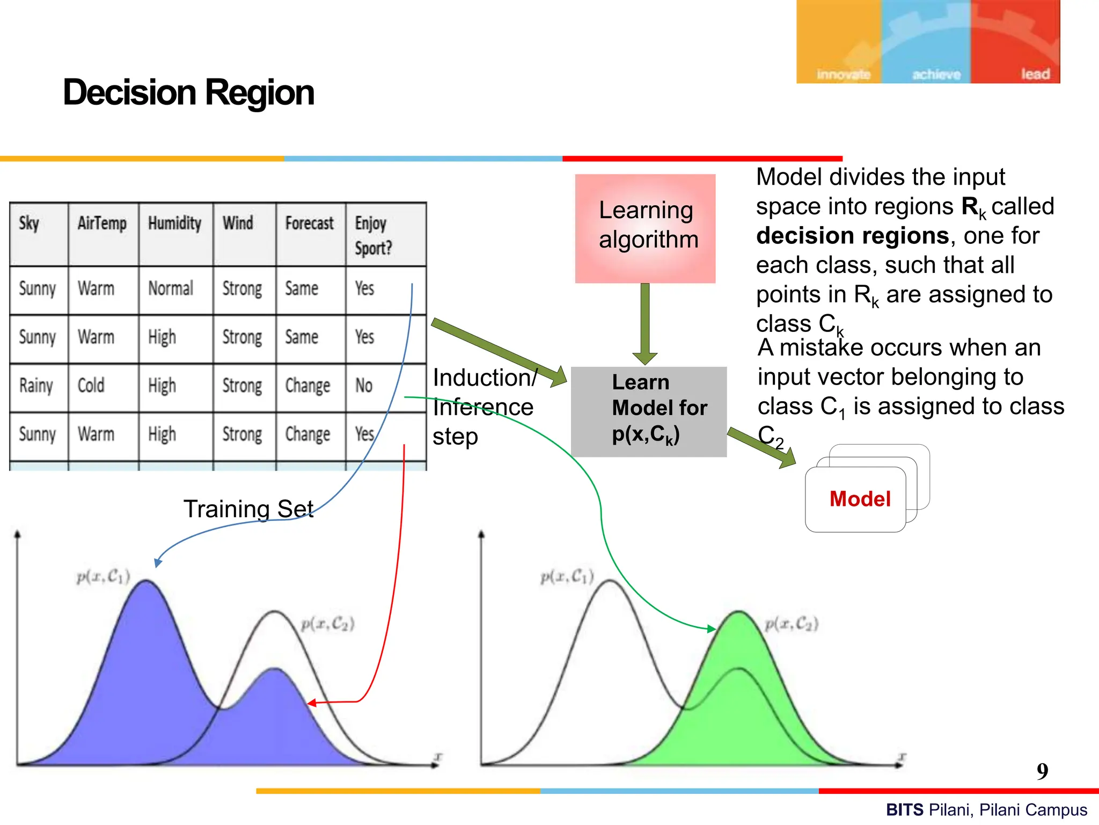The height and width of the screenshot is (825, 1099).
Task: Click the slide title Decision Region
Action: pyautogui.click(x=188, y=92)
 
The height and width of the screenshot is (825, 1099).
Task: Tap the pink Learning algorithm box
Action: pyautogui.click(x=645, y=228)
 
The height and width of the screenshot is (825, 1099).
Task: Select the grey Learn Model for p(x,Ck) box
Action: pyautogui.click(x=648, y=411)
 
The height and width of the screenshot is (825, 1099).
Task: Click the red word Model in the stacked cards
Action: pyautogui.click(x=860, y=499)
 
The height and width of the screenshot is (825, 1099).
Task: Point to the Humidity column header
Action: pyautogui.click(x=174, y=223)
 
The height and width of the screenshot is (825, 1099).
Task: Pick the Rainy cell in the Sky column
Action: pyautogui.click(x=36, y=386)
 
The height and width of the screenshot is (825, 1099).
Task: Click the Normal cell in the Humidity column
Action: pyautogui.click(x=170, y=288)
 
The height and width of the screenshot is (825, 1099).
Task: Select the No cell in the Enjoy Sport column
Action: pyautogui.click(x=364, y=386)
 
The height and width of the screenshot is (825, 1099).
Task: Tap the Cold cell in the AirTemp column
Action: pyautogui.click(x=91, y=386)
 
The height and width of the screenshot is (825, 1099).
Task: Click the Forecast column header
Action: pyautogui.click(x=309, y=223)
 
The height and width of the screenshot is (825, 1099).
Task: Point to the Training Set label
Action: pyautogui.click(x=248, y=509)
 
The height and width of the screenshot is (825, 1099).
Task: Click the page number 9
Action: pyautogui.click(x=1042, y=771)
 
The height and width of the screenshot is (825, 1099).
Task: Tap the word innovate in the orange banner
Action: pyautogui.click(x=843, y=75)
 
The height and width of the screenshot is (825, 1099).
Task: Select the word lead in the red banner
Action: pyautogui.click(x=1035, y=74)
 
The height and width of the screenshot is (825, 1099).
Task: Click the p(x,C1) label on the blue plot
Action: pyautogui.click(x=103, y=577)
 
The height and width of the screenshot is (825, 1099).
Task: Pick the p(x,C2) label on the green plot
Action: pyautogui.click(x=792, y=624)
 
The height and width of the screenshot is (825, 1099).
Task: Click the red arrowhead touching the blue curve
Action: pyautogui.click(x=312, y=703)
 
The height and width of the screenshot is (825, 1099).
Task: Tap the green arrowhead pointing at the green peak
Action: pyautogui.click(x=712, y=628)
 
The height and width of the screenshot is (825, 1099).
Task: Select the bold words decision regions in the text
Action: pyautogui.click(x=853, y=236)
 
